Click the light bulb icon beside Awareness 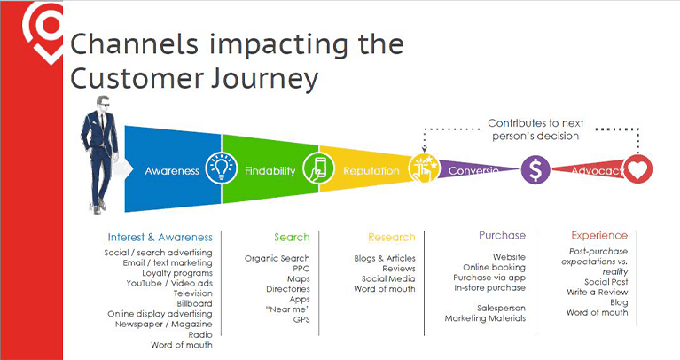(219, 168)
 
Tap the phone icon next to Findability (317, 168)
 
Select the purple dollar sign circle (535, 168)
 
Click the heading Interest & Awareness (160, 237)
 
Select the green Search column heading (292, 237)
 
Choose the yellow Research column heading (391, 237)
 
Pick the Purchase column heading (502, 236)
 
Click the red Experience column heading (599, 236)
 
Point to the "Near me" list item (289, 309)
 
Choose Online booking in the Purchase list (495, 267)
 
